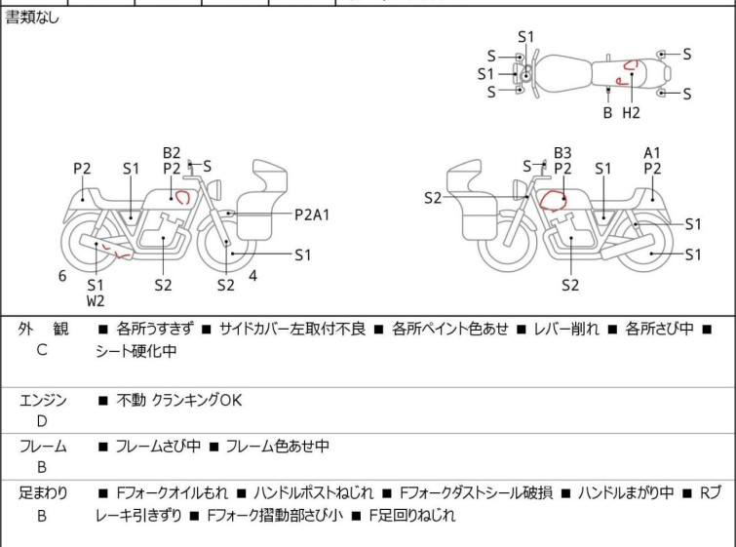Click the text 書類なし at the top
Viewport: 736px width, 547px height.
[x=32, y=17]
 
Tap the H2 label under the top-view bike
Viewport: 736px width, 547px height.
[x=631, y=112]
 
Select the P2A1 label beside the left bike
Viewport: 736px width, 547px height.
[x=312, y=214]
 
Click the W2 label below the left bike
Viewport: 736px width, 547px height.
[x=95, y=301]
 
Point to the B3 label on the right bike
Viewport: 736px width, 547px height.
[x=562, y=153]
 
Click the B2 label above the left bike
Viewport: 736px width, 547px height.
[x=172, y=153]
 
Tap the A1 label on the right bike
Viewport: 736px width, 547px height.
[x=652, y=153]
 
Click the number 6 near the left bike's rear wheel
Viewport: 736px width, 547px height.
[x=62, y=276]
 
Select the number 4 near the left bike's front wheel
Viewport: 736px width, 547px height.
[x=252, y=276]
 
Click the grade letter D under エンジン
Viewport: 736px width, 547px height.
[x=42, y=421]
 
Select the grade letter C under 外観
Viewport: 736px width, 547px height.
[x=42, y=349]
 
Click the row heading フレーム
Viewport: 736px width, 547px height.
[x=43, y=447]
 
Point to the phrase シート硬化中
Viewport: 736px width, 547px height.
[x=136, y=352]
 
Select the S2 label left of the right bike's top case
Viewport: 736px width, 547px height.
[x=434, y=198]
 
